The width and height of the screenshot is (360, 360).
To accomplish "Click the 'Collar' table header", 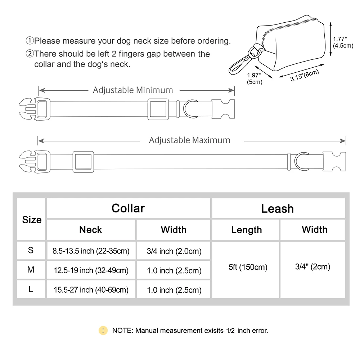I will click(128, 208).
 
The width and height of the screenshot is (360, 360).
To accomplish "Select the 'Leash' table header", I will click(277, 209).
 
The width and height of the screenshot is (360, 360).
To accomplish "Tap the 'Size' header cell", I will click(32, 220).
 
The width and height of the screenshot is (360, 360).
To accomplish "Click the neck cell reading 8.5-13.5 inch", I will click(91, 251).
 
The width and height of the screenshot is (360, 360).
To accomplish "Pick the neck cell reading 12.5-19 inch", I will click(91, 270).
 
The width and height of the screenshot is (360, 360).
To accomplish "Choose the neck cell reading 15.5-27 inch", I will click(91, 289).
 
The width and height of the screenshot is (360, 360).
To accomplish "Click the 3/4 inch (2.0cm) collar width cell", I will click(174, 251).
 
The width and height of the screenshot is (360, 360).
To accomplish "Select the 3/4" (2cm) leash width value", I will click(312, 267).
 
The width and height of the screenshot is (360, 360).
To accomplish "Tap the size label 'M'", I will click(31, 270).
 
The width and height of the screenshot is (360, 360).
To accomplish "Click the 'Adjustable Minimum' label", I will click(133, 90).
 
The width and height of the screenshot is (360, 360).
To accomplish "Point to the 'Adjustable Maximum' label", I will click(190, 140).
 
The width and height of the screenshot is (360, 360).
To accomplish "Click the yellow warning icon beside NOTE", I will click(103, 330).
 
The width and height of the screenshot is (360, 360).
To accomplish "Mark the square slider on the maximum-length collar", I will click(83, 161).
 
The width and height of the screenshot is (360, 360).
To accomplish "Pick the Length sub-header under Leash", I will click(246, 230).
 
